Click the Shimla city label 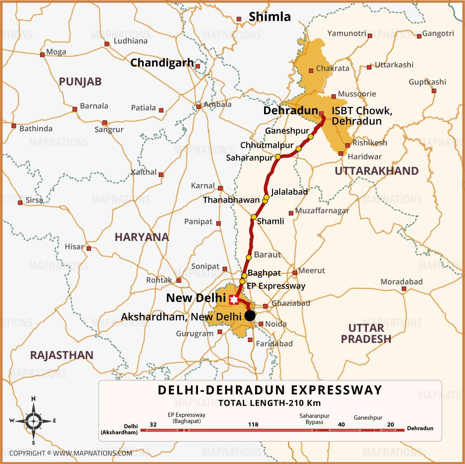(x=270, y=17)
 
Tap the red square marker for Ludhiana (x=107, y=44)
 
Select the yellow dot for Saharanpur (x=278, y=157)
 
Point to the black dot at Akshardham (x=250, y=316)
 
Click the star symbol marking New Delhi (x=233, y=300)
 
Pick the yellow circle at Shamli (x=254, y=217)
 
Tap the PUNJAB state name (x=80, y=82)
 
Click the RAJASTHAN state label (x=61, y=355)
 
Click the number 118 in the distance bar (x=253, y=425)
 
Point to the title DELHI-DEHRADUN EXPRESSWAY (x=270, y=390)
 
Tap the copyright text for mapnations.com (x=70, y=453)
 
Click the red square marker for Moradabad (x=404, y=289)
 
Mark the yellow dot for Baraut (x=249, y=258)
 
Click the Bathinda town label (x=36, y=128)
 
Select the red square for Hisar (x=89, y=248)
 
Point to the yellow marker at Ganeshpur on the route (x=311, y=136)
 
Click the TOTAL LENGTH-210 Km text (x=270, y=403)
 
